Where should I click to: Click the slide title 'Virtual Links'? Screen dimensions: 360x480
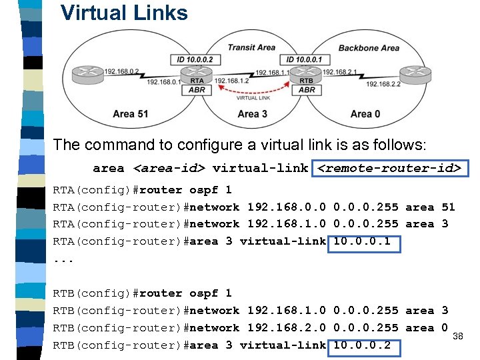point(124,12)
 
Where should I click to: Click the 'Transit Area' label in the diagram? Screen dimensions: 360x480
point(251,47)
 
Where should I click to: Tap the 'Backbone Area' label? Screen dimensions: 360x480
point(368,48)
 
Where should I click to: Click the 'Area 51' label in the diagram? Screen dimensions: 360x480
point(131,114)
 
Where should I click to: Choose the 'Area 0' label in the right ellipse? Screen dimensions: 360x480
point(365,114)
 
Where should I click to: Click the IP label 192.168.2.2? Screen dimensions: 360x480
point(381,83)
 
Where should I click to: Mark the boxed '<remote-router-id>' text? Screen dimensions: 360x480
point(389,168)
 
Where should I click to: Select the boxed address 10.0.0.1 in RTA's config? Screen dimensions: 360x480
point(363,241)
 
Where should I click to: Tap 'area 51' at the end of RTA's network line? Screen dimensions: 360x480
point(430,207)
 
